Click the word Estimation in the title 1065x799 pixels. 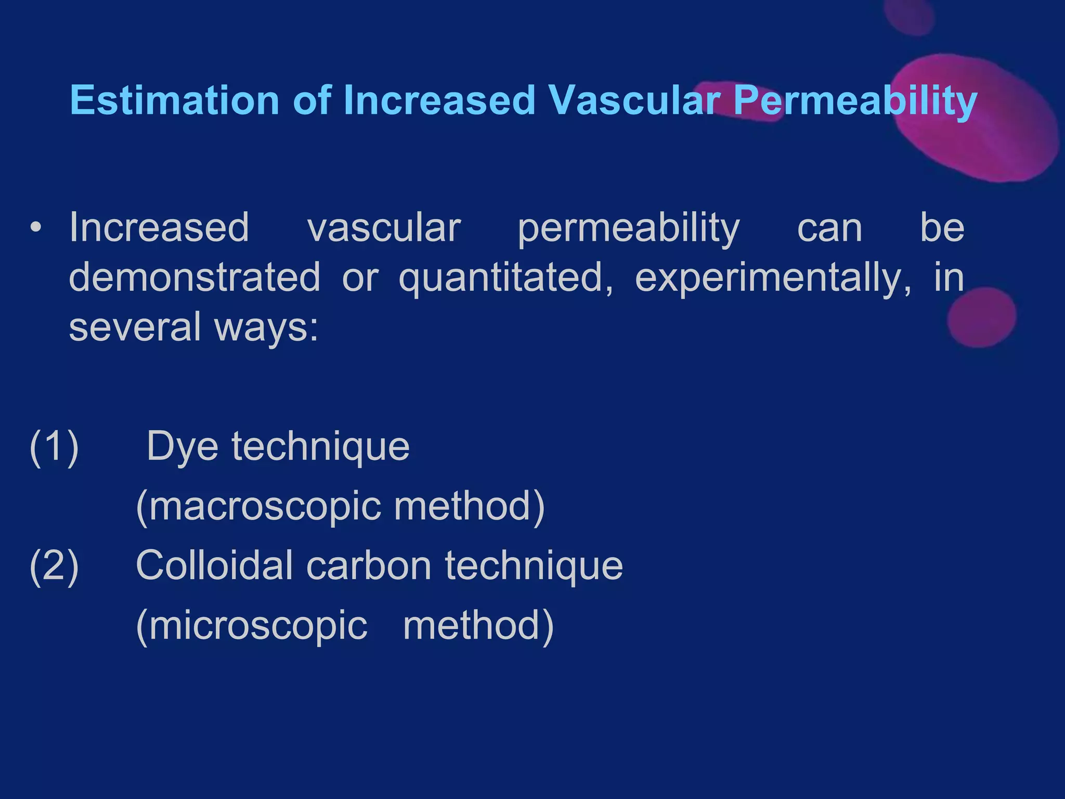[x=175, y=100]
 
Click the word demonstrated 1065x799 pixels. [x=194, y=277]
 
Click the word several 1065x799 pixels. [x=135, y=327]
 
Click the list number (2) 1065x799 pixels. [x=54, y=565]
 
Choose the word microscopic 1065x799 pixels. [x=252, y=626]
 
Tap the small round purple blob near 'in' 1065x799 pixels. [x=981, y=317]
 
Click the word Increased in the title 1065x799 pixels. [x=439, y=100]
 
